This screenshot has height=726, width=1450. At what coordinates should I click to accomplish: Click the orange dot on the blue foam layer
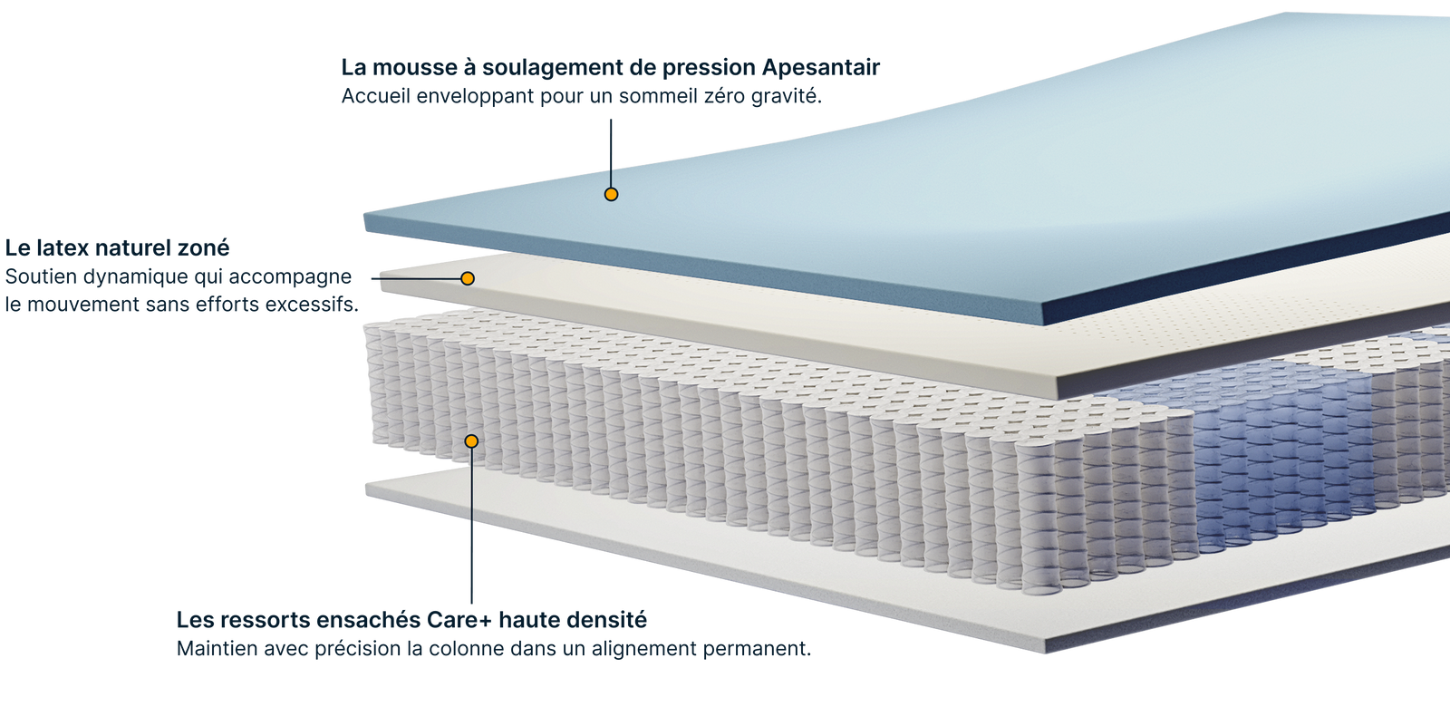pos(611,194)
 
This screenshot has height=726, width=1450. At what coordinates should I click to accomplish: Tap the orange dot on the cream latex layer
pos(468,278)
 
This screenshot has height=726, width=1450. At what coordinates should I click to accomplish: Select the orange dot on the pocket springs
pos(471,441)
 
